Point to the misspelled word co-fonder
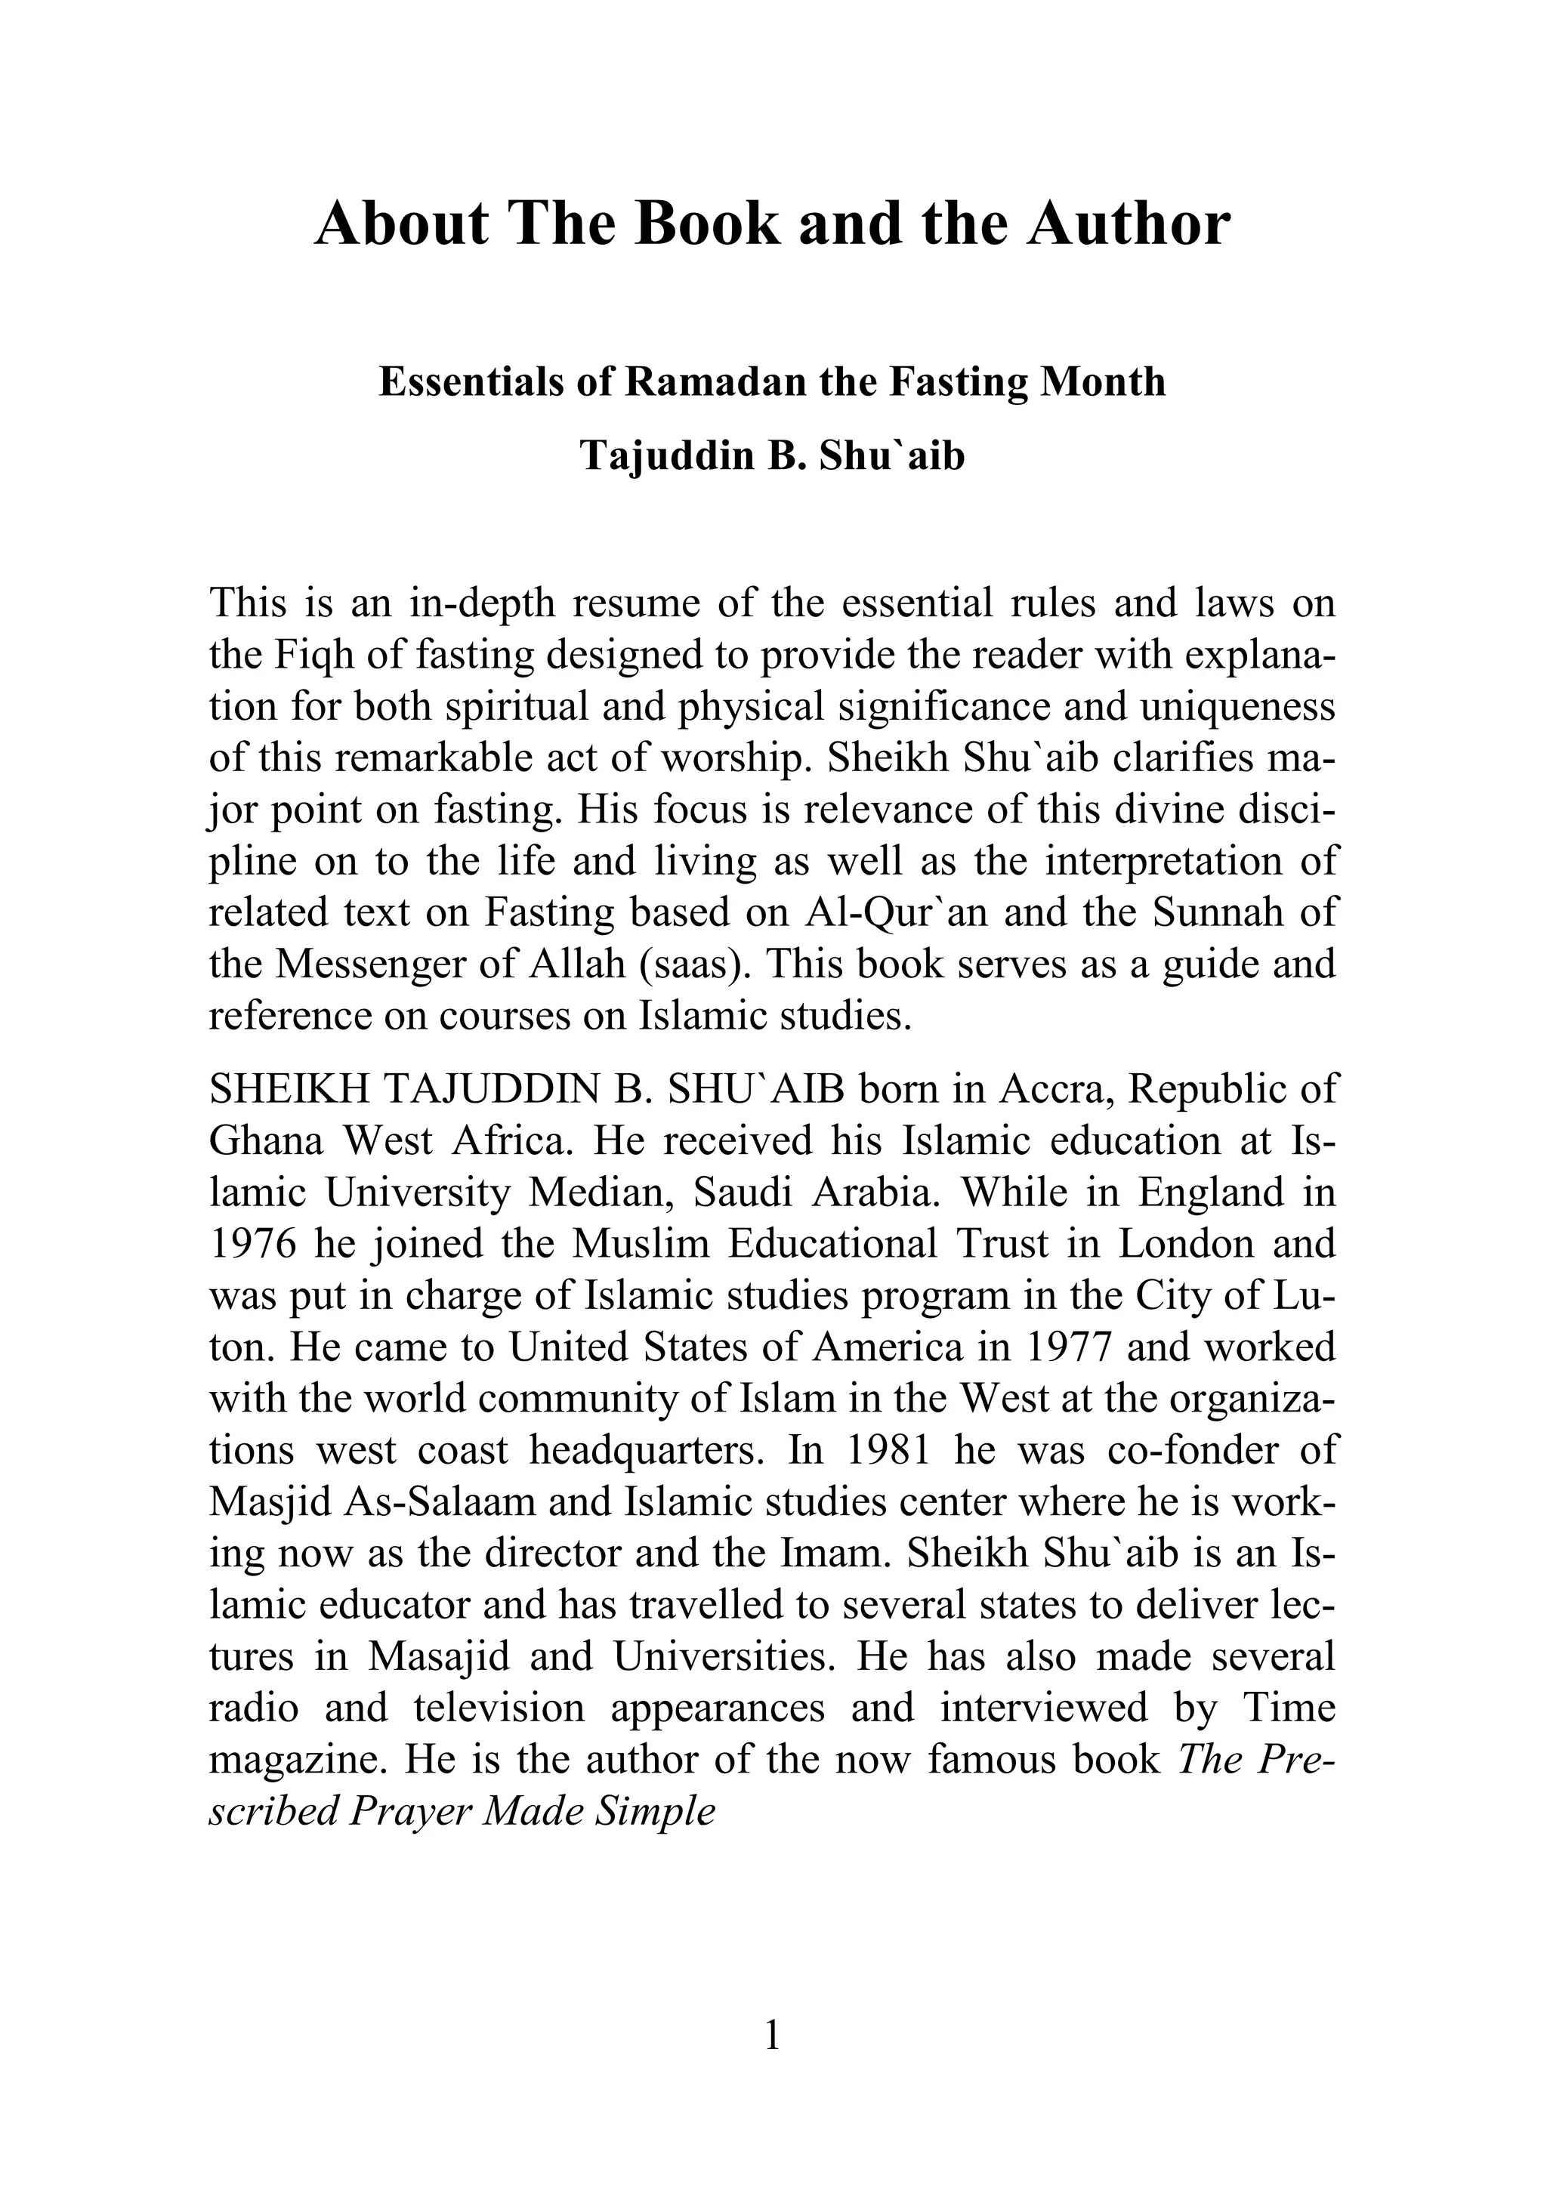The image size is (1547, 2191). (1189, 1451)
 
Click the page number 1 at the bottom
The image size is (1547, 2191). (773, 2036)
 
